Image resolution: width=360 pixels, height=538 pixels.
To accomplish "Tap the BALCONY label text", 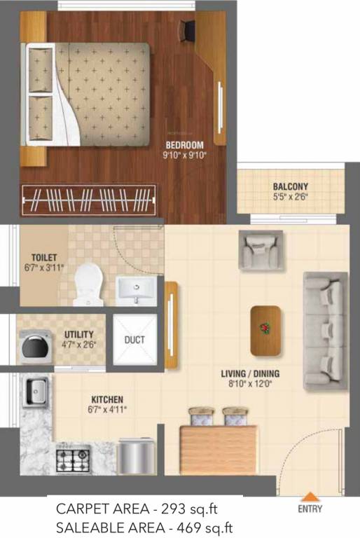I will pos(290,187).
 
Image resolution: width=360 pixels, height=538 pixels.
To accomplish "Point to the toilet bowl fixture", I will pos(88,284).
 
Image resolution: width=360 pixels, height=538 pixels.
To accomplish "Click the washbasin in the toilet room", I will pos(137,289).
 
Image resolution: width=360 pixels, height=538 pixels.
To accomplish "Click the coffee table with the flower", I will pos(265,329).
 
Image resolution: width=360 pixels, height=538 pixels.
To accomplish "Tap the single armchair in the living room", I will pos(261,250).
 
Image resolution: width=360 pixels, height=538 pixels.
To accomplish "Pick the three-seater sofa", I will pos(324,330).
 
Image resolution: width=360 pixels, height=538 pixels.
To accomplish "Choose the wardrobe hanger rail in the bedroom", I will pos(89,201).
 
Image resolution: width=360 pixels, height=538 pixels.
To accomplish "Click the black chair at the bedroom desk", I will pos(188,29).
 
